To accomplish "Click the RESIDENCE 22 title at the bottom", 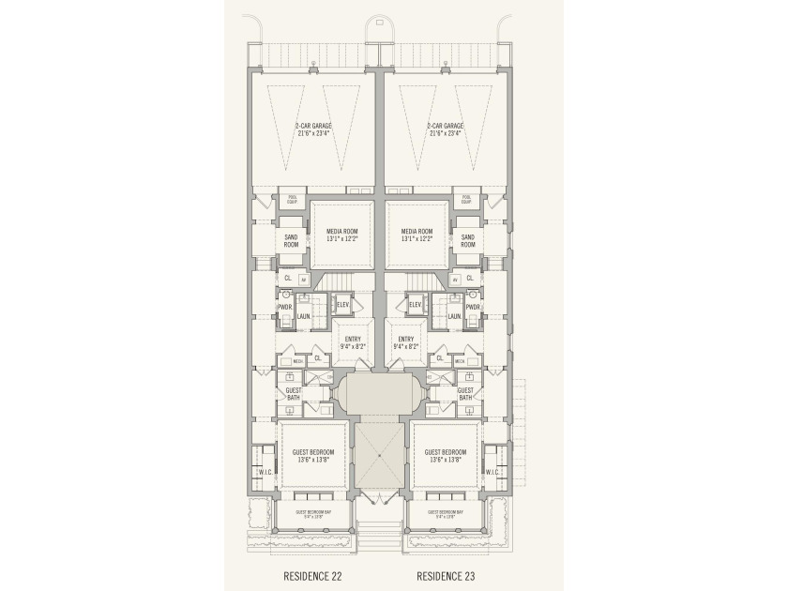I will (x=314, y=575).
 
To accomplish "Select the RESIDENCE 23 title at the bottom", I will (x=447, y=575).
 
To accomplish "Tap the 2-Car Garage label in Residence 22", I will (x=314, y=129).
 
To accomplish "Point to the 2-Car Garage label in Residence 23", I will (x=446, y=129).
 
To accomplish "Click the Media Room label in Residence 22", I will (x=342, y=235).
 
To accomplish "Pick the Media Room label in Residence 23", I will (x=417, y=235).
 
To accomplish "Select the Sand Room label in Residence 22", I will (x=291, y=241).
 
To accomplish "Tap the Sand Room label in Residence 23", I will (x=468, y=241).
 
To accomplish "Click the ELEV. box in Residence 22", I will (x=342, y=304).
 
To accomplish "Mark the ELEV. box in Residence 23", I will (x=416, y=304).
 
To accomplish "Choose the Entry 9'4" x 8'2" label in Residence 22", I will (x=354, y=343).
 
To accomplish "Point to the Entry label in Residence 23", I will (x=405, y=343).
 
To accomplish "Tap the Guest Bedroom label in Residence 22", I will (x=314, y=456).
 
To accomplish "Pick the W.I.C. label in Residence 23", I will (x=492, y=473).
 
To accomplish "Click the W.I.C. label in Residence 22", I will (x=265, y=473).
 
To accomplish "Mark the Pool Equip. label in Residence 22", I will (x=291, y=200).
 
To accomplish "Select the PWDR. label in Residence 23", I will (x=474, y=307).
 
